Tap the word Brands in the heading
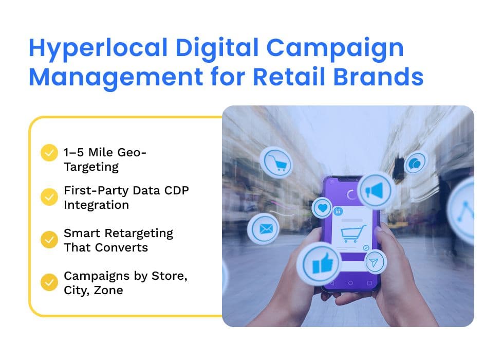point(378,77)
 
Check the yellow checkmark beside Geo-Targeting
point(49,153)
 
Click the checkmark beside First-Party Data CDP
point(49,197)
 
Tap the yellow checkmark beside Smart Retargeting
point(49,240)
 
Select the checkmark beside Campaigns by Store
point(49,282)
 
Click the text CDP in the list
point(176,190)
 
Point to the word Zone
point(108,291)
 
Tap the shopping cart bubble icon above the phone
point(276,162)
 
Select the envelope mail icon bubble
point(264,229)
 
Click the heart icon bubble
point(322,208)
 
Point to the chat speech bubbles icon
point(416,163)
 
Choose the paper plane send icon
point(375,262)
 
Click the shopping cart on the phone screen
point(353,233)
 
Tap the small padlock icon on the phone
point(338,211)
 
